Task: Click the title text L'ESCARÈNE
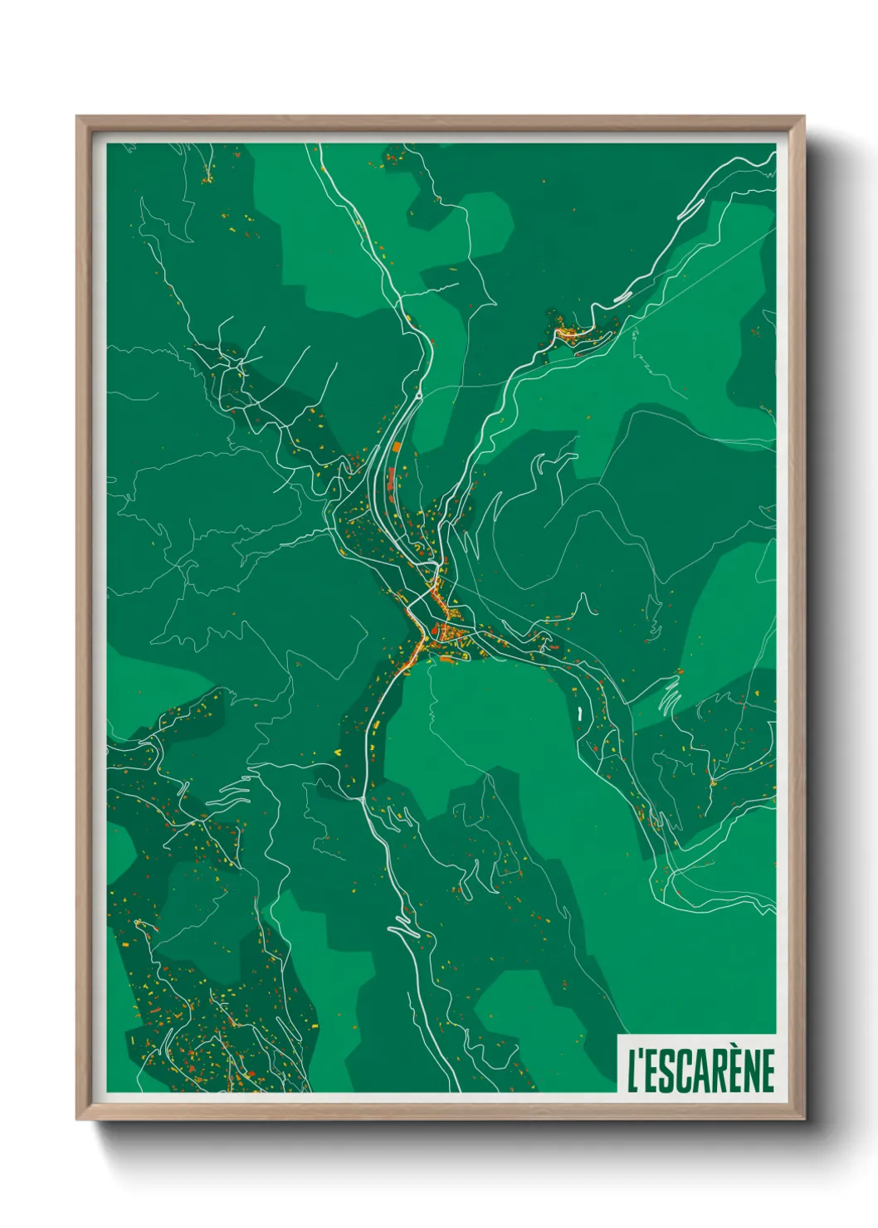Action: point(700,1070)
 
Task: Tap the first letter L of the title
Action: point(632,1071)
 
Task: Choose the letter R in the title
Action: point(713,1071)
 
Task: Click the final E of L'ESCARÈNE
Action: point(766,1071)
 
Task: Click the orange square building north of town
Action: point(397,447)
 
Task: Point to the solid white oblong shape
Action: point(578,713)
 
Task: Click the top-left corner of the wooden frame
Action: point(78,118)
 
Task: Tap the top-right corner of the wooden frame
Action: point(802,118)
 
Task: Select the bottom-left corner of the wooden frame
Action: point(78,1118)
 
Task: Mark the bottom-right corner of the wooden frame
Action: point(802,1118)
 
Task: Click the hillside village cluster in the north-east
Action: point(569,334)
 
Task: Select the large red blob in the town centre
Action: point(434,631)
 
